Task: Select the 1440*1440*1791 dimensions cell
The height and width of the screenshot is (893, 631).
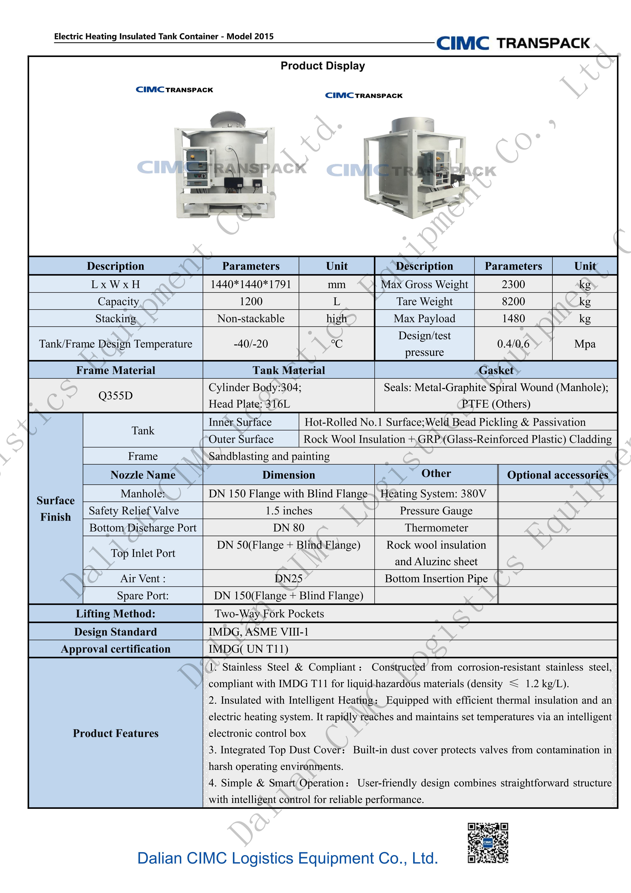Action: click(x=251, y=284)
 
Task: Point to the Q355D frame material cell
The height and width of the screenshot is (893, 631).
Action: click(x=115, y=396)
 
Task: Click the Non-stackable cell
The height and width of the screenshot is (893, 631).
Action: click(x=251, y=319)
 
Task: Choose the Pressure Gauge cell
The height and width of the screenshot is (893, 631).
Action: click(x=436, y=511)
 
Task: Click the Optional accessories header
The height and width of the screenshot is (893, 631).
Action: click(x=558, y=475)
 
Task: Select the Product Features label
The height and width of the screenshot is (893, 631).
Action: click(x=115, y=733)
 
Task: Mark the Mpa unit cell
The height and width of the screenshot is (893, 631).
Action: click(x=585, y=344)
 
